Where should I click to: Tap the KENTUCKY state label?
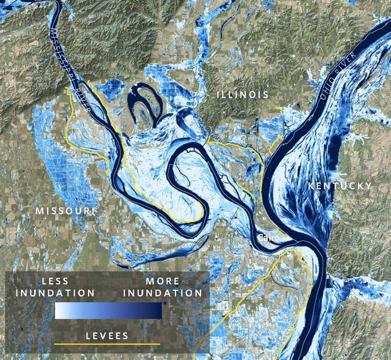(x=340, y=185)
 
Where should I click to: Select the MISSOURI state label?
(x=65, y=211)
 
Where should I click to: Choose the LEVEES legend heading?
(x=106, y=336)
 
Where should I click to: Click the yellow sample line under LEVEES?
(x=107, y=345)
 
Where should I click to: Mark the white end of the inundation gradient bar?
(x=59, y=310)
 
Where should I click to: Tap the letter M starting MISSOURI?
(x=39, y=211)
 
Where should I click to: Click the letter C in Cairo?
(x=261, y=237)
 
